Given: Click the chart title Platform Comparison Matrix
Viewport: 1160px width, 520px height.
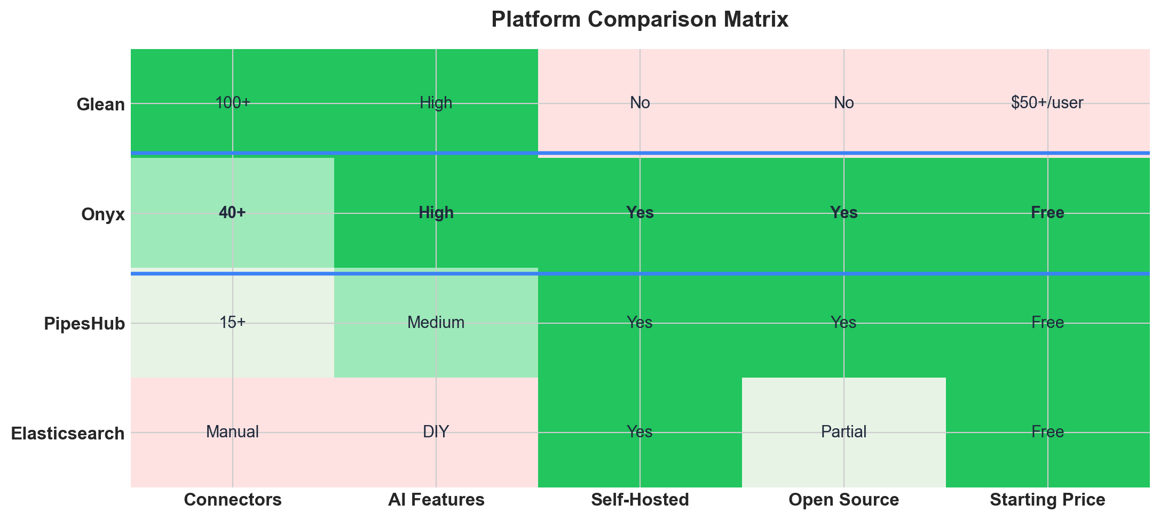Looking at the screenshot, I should pyautogui.click(x=640, y=20).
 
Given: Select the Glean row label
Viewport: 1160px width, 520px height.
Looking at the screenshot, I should pyautogui.click(x=100, y=104).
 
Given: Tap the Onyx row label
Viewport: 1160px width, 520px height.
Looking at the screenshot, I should pyautogui.click(x=103, y=214).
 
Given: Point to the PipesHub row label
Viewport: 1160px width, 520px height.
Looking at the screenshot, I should pyautogui.click(x=84, y=324).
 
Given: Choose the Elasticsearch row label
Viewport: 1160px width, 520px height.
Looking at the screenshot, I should pyautogui.click(x=68, y=433).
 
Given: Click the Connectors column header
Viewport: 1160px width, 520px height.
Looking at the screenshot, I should pyautogui.click(x=233, y=500).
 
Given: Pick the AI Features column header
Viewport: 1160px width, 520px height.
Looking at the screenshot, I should pyautogui.click(x=436, y=500).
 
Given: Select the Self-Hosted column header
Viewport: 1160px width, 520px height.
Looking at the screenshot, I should pyautogui.click(x=640, y=500).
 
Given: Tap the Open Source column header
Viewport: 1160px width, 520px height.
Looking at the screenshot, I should pyautogui.click(x=843, y=500).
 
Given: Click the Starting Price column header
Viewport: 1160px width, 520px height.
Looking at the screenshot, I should pyautogui.click(x=1047, y=500).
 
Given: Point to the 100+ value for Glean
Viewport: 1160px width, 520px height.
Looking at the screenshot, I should pyautogui.click(x=233, y=103).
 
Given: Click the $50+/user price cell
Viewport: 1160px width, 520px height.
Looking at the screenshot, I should pyautogui.click(x=1047, y=103).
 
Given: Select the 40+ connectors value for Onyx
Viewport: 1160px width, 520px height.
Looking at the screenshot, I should pyautogui.click(x=233, y=213).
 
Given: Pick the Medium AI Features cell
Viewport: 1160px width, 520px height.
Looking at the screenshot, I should pyautogui.click(x=436, y=323).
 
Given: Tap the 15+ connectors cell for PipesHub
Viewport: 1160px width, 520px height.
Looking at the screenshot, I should pyautogui.click(x=233, y=323).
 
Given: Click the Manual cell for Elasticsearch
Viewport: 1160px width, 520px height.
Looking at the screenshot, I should pyautogui.click(x=233, y=432).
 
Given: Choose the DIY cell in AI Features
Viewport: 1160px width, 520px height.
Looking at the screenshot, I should pyautogui.click(x=436, y=432).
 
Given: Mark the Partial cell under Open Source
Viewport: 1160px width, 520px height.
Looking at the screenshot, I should pyautogui.click(x=843, y=432).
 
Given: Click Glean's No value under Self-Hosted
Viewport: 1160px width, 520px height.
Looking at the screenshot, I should pyautogui.click(x=640, y=103).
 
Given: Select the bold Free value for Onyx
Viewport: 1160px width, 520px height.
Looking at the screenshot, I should pyautogui.click(x=1047, y=213).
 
